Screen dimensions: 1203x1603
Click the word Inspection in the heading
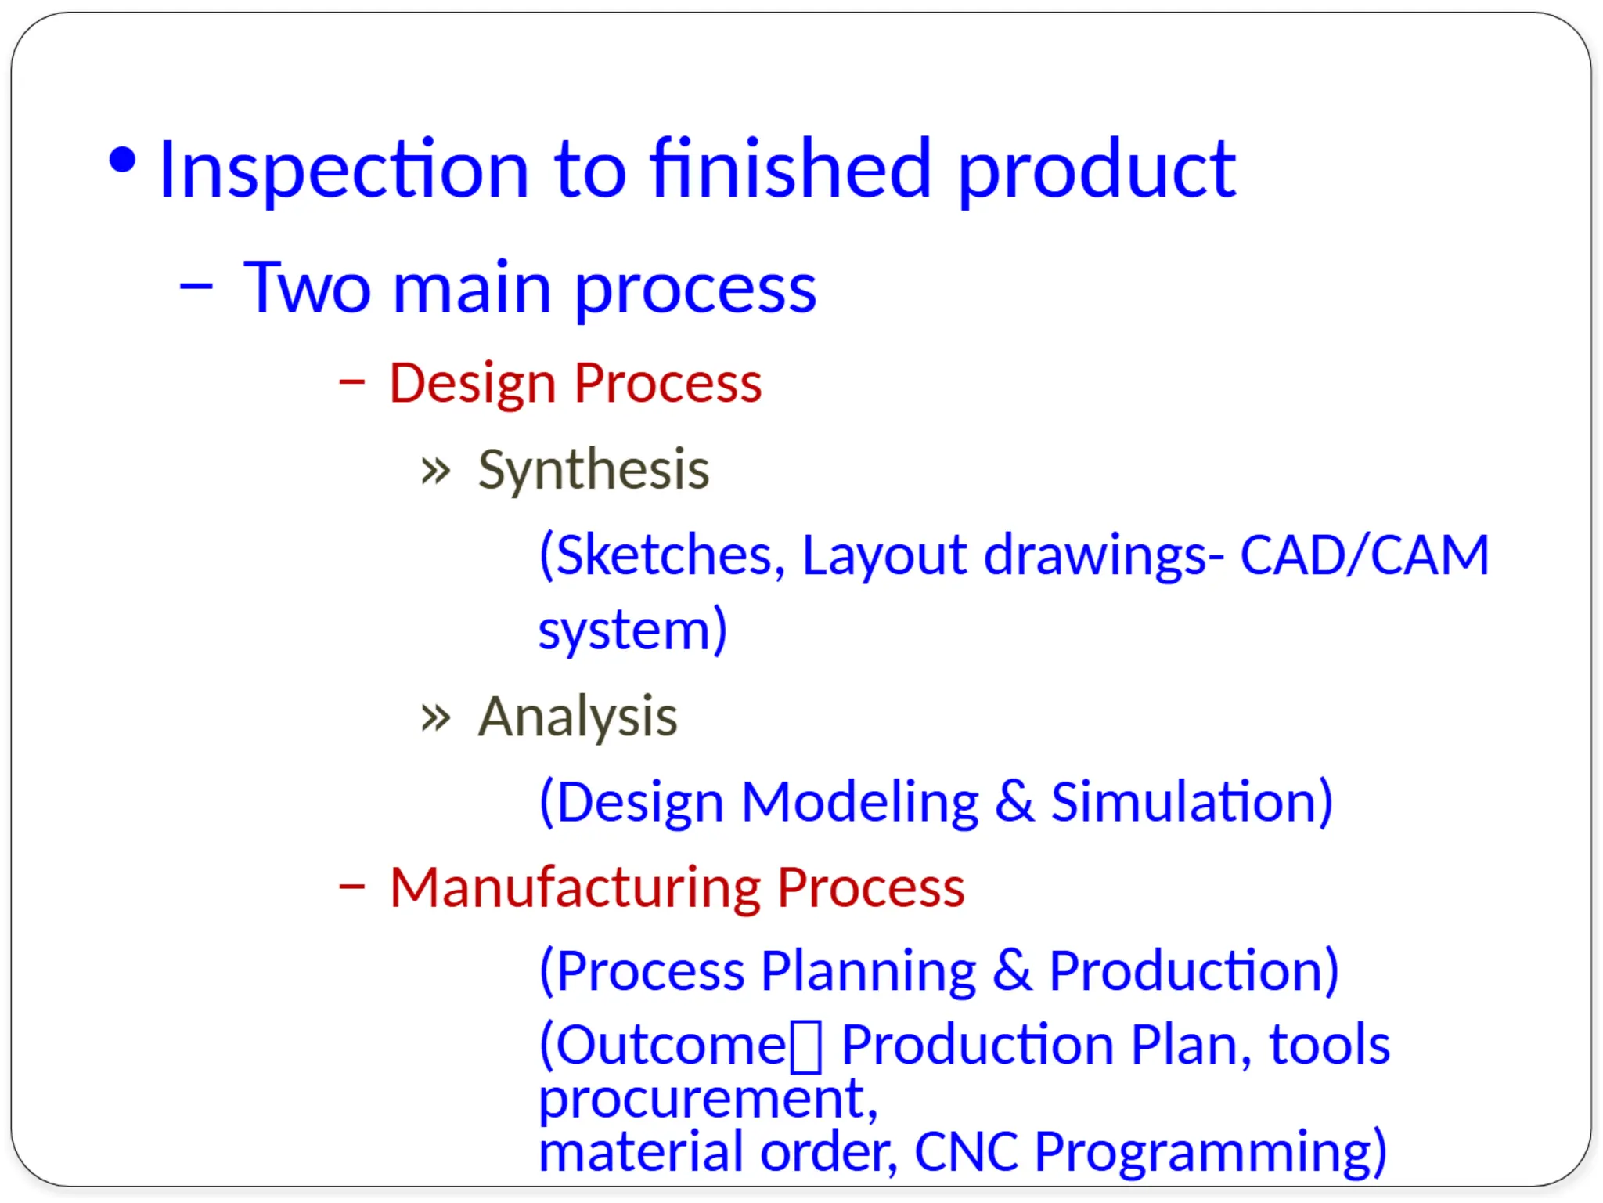point(343,170)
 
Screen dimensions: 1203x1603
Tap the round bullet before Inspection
point(122,161)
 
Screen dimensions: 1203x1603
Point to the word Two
point(307,288)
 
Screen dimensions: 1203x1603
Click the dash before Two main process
point(196,287)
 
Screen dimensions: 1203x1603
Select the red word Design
point(473,384)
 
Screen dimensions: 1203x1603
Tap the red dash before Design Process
point(351,381)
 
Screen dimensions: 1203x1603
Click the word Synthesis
point(593,470)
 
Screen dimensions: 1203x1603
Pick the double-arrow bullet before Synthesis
point(435,471)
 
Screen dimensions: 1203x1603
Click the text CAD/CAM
point(1363,555)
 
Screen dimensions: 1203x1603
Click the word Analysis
point(578,717)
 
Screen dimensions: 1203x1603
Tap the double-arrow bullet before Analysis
point(435,717)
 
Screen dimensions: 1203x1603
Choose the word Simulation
point(1190,802)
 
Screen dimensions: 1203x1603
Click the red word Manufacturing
point(575,887)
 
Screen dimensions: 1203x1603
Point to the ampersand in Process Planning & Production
point(1011,970)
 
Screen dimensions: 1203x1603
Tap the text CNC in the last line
point(966,1152)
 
